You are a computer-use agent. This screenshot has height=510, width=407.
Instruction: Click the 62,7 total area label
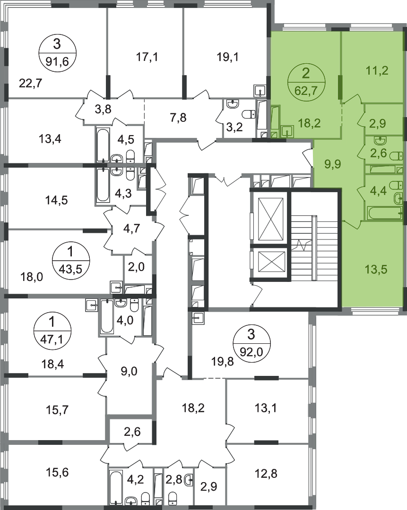[306, 90]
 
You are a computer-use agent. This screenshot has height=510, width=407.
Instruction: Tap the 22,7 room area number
[31, 84]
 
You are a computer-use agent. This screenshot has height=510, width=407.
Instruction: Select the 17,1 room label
[147, 57]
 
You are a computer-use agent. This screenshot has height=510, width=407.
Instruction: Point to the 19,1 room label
[227, 57]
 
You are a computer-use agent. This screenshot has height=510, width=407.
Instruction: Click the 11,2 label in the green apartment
[377, 70]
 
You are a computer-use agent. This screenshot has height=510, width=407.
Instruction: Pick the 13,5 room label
[376, 269]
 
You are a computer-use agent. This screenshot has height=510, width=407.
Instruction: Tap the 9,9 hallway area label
[332, 164]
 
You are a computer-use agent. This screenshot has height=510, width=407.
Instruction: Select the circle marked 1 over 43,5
[70, 260]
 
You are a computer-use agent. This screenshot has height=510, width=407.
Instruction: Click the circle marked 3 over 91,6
[58, 53]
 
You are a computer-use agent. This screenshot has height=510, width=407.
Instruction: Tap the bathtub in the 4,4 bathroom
[385, 214]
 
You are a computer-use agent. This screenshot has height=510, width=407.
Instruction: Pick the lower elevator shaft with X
[271, 264]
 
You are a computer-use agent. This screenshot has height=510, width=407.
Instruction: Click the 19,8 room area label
[223, 361]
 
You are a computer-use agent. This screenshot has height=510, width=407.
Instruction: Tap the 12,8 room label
[266, 473]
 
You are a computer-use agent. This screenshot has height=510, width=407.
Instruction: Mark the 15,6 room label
[57, 472]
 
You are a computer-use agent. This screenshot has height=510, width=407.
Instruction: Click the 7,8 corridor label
[178, 117]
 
